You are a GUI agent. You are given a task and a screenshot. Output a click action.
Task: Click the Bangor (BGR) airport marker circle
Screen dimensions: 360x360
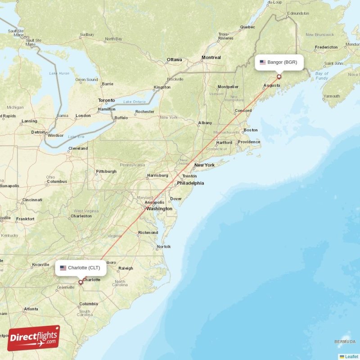(x=279, y=77)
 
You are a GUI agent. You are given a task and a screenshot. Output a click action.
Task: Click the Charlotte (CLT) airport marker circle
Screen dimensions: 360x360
(x=81, y=283)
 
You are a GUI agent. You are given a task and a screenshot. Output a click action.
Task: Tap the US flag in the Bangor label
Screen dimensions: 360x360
(x=263, y=63)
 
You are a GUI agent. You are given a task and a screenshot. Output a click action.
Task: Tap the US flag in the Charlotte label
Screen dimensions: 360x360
(x=63, y=268)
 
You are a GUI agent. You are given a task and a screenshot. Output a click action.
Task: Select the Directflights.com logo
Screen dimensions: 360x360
(x=33, y=338)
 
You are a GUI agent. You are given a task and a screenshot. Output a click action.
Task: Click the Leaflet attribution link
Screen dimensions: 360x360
(x=351, y=356)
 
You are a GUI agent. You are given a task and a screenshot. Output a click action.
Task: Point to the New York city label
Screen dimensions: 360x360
(x=204, y=165)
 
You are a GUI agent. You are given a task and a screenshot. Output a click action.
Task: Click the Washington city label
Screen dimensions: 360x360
(x=159, y=209)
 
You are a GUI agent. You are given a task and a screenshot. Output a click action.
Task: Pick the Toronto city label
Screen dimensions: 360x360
(x=107, y=100)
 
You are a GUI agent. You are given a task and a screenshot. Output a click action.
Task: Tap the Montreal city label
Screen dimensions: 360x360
(x=211, y=58)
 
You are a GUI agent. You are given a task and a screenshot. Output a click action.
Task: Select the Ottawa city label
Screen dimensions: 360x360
(x=174, y=60)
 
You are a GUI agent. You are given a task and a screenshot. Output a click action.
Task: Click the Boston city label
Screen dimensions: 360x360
(x=250, y=130)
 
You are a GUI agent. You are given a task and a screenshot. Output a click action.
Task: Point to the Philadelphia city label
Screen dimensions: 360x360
(x=190, y=183)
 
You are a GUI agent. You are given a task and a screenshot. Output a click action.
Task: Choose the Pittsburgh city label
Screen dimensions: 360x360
(x=106, y=171)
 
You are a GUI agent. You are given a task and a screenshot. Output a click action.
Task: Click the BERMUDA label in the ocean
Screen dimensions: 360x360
(x=345, y=341)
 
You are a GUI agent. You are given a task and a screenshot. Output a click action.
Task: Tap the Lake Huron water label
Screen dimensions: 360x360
(x=59, y=73)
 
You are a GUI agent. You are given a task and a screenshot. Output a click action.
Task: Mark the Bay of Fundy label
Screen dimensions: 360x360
(x=322, y=76)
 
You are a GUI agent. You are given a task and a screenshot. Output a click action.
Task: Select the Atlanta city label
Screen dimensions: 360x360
(x=31, y=309)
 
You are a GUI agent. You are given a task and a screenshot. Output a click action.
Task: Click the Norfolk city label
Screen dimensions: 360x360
(x=163, y=247)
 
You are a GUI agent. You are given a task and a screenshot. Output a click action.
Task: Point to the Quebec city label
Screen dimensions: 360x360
(x=247, y=27)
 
